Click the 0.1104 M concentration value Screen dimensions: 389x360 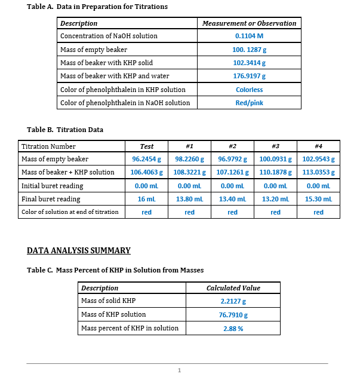click(249, 36)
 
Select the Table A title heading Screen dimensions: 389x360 click(97, 7)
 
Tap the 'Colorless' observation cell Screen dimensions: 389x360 click(249, 90)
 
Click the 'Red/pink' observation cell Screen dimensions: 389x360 click(249, 103)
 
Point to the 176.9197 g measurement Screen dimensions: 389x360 click(249, 76)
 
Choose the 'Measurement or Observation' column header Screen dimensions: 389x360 click(249, 23)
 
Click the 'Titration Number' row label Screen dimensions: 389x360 click(48, 146)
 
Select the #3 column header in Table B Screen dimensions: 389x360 click(275, 146)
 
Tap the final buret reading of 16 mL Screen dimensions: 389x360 click(146, 199)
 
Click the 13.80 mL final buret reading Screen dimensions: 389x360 click(189, 199)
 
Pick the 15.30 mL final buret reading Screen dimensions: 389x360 click(318, 199)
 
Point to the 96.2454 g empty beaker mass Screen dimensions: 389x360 click(146, 160)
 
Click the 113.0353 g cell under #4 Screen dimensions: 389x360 click(318, 173)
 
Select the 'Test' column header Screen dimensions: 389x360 click(146, 146)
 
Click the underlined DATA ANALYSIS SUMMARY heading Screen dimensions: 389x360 click(79, 250)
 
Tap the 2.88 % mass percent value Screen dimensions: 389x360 click(233, 328)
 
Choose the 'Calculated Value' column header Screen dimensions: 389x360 click(233, 288)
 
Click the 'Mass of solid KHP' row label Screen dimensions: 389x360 click(108, 301)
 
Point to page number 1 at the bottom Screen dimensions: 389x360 click(179, 371)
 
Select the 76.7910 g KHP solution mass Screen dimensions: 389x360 click(233, 314)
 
